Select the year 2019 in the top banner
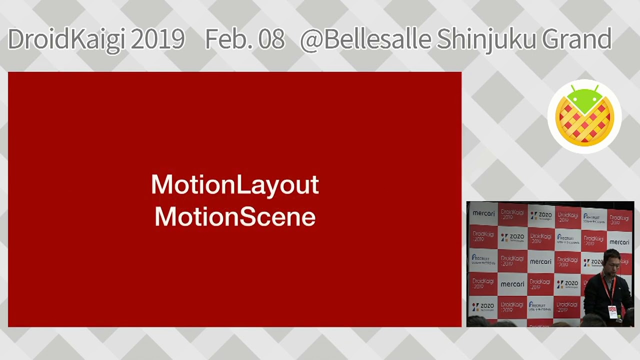(157, 39)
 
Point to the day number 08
(269, 39)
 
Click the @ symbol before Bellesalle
(311, 39)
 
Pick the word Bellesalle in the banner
(377, 39)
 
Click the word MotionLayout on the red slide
(235, 184)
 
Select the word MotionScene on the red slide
(235, 217)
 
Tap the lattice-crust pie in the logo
(584, 122)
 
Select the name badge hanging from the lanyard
(612, 312)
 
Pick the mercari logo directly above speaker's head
(619, 242)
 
